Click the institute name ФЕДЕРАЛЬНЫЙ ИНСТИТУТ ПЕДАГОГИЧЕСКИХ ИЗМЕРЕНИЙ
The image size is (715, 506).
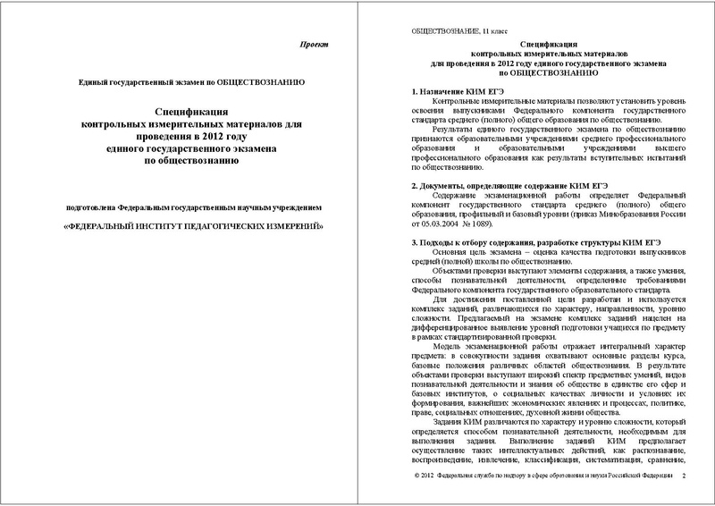(191, 228)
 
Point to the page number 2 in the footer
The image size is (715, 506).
(684, 476)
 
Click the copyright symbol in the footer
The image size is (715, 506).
(407, 476)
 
